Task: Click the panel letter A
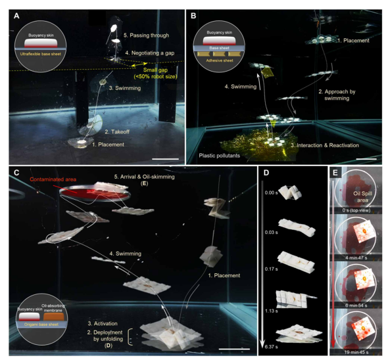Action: point(16,16)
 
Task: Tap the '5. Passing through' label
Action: point(146,35)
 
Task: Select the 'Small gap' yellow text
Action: point(155,70)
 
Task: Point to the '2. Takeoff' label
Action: point(117,132)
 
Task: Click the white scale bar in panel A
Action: point(165,159)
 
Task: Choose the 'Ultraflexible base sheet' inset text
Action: point(41,54)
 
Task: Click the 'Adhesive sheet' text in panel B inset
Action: point(220,60)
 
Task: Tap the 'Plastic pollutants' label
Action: point(220,156)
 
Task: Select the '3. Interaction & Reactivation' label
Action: point(325,145)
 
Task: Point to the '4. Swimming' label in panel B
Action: point(241,87)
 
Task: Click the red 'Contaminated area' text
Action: point(53,179)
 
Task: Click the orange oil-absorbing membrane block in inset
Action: point(54,317)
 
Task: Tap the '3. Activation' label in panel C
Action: point(103,323)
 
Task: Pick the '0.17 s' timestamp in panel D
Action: point(271,269)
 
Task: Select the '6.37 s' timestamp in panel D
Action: point(271,347)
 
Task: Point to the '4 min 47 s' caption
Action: point(356,258)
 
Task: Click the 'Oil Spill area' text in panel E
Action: point(362,197)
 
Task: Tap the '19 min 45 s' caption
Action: point(356,352)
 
